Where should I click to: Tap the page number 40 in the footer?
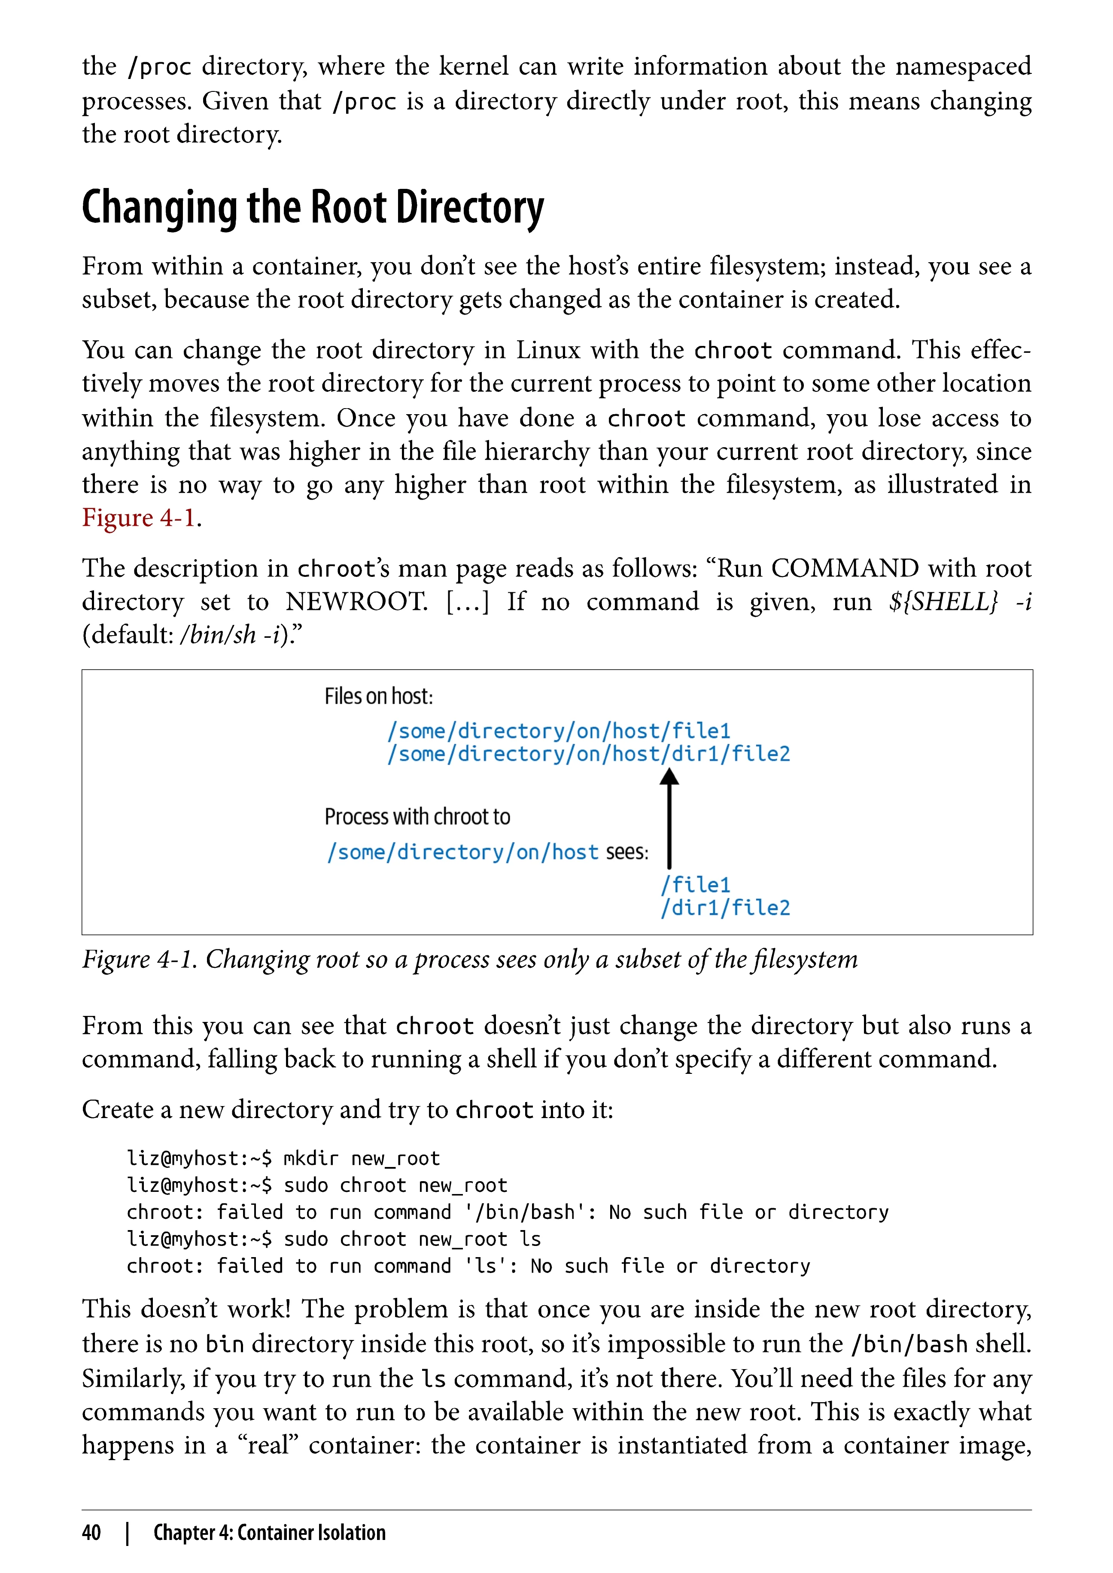pos(91,1533)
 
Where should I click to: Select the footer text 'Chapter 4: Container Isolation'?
pos(269,1533)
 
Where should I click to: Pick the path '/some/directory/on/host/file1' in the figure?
pos(559,731)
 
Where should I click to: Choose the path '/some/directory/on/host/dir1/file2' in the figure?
pos(588,754)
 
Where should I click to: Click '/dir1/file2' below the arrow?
pos(725,909)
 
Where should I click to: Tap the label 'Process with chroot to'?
pos(417,817)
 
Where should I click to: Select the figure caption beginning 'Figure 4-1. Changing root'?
pos(469,960)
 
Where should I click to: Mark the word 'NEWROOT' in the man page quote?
pos(356,602)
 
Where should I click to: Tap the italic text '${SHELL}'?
pos(943,602)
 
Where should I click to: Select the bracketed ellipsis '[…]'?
pos(468,602)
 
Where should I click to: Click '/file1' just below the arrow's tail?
pos(696,885)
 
